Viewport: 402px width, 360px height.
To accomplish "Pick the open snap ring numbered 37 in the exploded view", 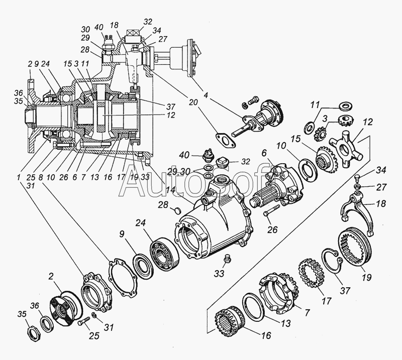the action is (333, 262).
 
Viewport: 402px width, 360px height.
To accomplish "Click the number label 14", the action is (170, 190).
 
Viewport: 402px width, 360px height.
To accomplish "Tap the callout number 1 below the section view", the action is (18, 176).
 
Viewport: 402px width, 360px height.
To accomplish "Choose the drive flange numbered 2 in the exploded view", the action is (65, 307).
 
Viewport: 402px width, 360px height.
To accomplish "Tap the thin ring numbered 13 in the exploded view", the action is (254, 307).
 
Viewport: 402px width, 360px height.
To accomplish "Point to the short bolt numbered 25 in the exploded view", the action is (83, 321).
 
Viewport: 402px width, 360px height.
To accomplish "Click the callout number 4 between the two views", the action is (206, 95).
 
